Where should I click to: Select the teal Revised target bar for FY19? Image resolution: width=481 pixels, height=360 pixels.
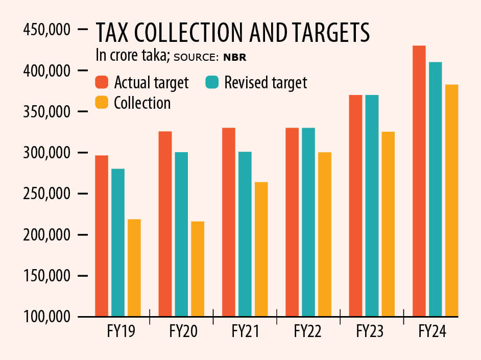click(x=118, y=243)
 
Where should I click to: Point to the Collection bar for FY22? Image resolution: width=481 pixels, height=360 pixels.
click(x=324, y=234)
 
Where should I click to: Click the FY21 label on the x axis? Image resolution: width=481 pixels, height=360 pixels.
click(x=246, y=332)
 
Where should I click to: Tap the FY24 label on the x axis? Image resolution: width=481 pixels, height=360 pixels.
click(x=432, y=332)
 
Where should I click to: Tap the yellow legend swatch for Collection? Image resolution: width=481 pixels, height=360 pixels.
click(x=102, y=103)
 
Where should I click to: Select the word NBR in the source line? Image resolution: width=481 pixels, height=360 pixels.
click(x=235, y=57)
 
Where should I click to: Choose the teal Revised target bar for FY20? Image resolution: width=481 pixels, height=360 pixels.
click(x=181, y=234)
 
